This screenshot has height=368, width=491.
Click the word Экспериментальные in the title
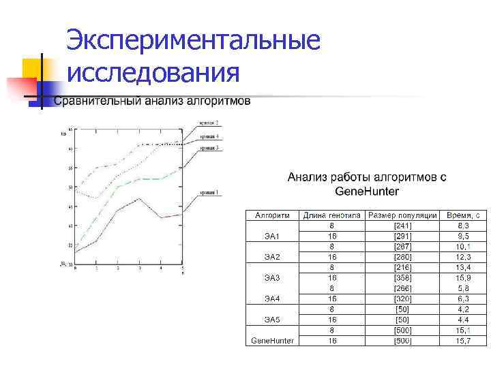194,40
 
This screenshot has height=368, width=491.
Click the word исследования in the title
153,71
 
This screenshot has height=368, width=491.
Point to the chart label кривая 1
209,193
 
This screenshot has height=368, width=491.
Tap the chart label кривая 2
209,123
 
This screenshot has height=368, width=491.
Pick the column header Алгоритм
272,215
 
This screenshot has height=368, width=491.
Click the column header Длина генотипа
331,215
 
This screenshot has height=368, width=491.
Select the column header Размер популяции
402,215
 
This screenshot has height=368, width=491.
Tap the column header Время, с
463,215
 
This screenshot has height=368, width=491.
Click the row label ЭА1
272,236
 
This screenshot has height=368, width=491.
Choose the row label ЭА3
272,278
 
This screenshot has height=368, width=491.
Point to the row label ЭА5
272,320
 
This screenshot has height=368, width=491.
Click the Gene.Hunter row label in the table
272,340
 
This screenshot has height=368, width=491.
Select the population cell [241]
402,226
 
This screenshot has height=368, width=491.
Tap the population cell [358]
402,278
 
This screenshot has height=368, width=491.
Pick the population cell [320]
402,298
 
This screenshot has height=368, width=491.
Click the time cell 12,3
463,257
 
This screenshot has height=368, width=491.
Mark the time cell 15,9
463,278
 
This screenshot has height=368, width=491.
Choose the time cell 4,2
463,309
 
